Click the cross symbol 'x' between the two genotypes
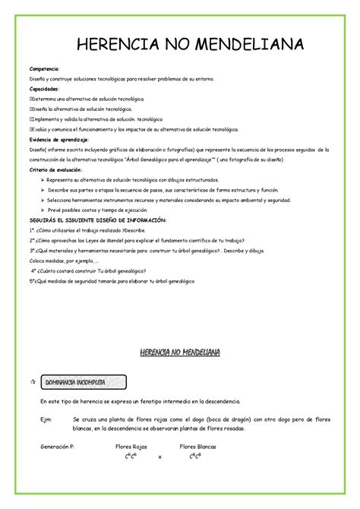(x=159, y=458)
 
